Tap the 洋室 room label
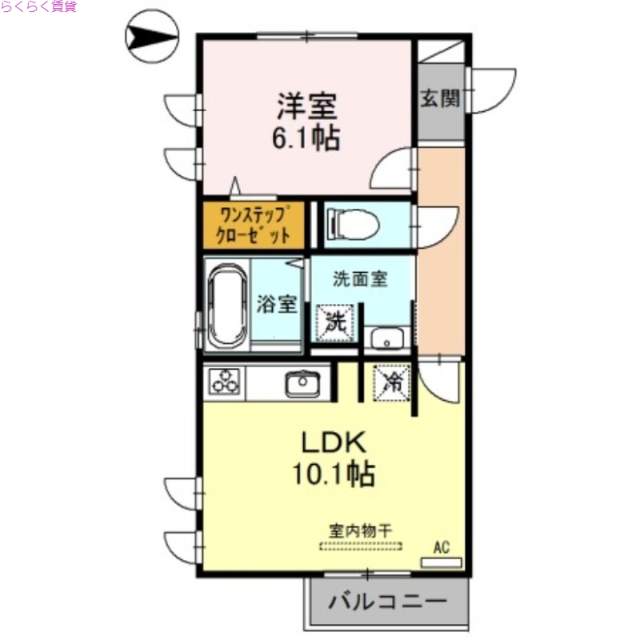tap(306, 106)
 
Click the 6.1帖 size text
tap(306, 138)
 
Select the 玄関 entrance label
tap(440, 99)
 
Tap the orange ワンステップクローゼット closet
tap(253, 225)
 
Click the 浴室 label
tap(278, 305)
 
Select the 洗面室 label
tap(360, 279)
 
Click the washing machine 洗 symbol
tap(336, 322)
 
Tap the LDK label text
tap(334, 442)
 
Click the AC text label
tap(441, 547)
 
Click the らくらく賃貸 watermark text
tap(38, 7)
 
